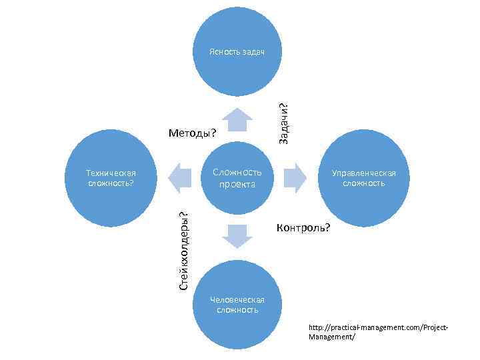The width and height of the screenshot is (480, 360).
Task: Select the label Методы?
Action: tap(193, 133)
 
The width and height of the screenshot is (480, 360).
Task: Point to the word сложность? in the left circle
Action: tap(111, 183)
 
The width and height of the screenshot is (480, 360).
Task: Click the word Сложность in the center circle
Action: tap(237, 173)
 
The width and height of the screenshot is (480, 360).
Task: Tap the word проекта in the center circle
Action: tap(237, 184)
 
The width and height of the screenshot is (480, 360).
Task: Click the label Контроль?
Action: tap(303, 228)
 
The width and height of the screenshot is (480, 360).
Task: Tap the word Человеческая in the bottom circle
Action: tap(237, 300)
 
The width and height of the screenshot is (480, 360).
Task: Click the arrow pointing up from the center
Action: tap(237, 120)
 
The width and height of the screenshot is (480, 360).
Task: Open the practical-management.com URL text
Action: tap(378, 327)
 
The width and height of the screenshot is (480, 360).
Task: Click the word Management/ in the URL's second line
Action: tap(332, 337)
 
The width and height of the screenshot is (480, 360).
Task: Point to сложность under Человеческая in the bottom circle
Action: tap(237, 310)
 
